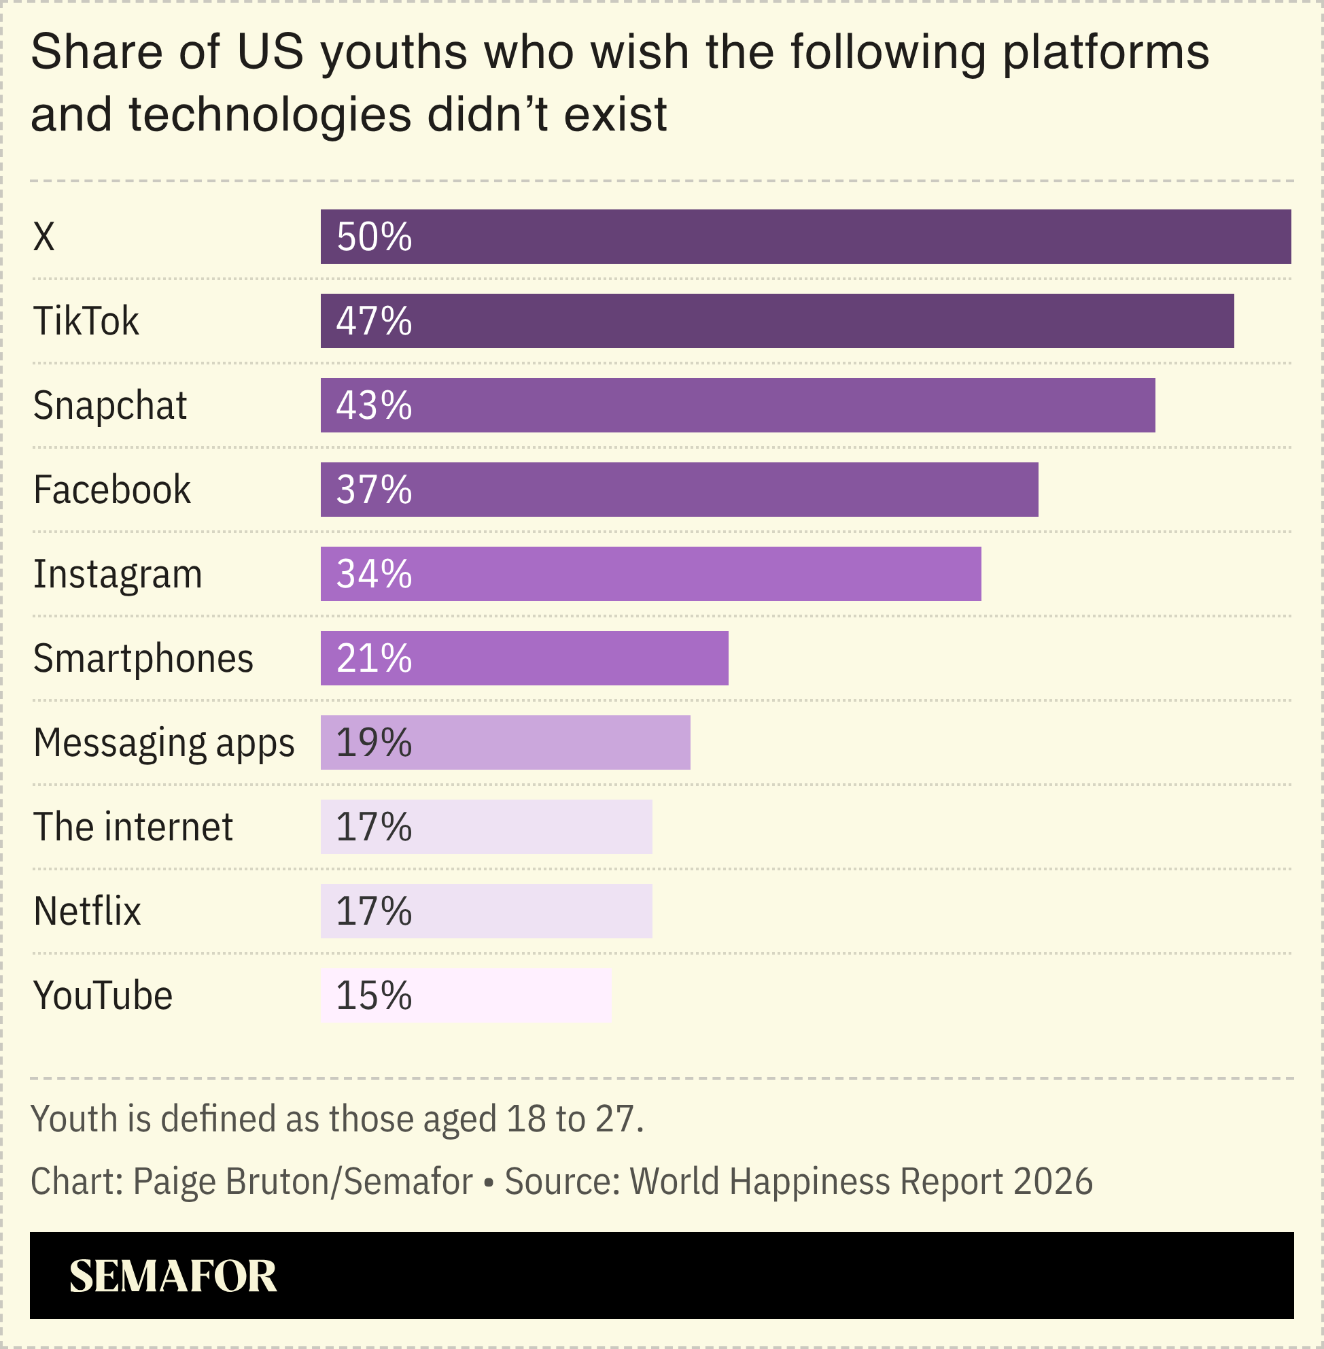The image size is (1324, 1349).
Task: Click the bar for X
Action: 805,237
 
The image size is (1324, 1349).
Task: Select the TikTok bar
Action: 777,321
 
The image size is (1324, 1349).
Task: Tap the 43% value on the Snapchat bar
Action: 374,405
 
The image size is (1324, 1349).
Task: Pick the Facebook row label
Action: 112,490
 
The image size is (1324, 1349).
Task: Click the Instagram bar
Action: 650,574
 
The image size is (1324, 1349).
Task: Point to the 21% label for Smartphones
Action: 374,658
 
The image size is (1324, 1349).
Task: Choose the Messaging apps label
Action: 164,743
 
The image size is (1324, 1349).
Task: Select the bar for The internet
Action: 486,827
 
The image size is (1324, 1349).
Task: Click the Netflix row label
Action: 87,911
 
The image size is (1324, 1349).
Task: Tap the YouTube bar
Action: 466,995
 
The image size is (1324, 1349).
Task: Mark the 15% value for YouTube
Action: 374,995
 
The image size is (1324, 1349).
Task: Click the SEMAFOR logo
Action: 173,1276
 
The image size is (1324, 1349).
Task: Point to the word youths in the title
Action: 394,53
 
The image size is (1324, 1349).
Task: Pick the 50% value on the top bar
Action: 374,237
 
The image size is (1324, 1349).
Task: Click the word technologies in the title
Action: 270,115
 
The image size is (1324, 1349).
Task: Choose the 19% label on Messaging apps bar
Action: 374,743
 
